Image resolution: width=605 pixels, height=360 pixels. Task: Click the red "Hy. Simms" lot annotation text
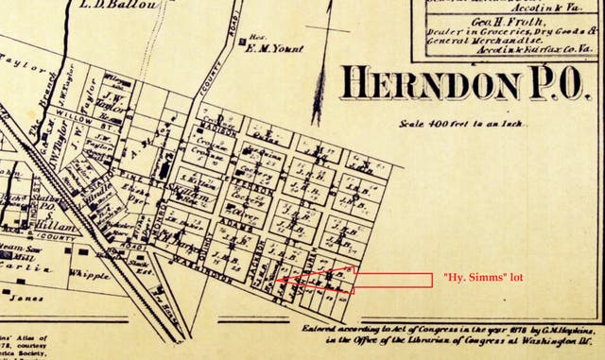tap(483, 278)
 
